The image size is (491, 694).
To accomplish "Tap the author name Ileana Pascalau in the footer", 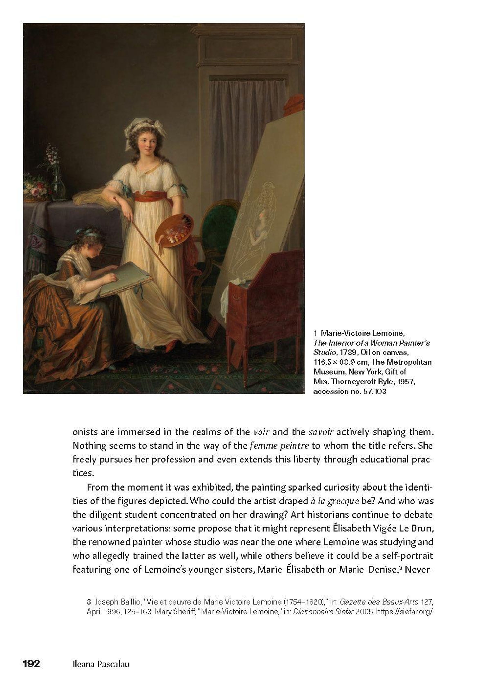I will click(101, 664).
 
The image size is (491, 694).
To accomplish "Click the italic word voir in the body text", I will click(261, 432).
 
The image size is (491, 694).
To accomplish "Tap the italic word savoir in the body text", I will click(321, 432).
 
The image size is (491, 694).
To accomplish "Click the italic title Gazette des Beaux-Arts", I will click(379, 602).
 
